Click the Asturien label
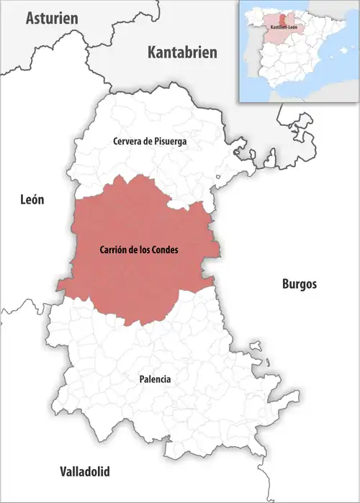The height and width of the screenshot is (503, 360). click(51, 19)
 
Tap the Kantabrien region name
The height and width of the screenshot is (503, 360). click(182, 53)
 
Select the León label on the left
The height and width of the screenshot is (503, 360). click(32, 200)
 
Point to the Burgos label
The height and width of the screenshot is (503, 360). click(298, 284)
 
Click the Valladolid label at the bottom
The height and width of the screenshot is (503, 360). click(84, 472)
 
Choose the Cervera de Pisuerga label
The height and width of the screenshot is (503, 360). click(150, 142)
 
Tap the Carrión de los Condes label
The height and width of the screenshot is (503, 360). click(138, 250)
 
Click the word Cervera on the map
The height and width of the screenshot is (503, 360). click(125, 142)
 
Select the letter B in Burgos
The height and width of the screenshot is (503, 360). click(284, 284)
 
